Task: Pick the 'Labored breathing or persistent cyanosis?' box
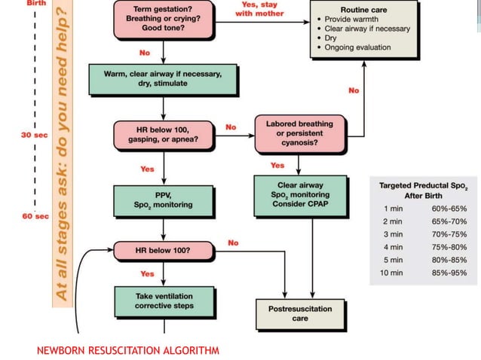tap(299, 133)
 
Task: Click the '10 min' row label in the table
tap(392, 272)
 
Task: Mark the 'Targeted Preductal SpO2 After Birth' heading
tap(421, 189)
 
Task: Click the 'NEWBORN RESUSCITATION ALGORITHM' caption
tap(127, 350)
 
